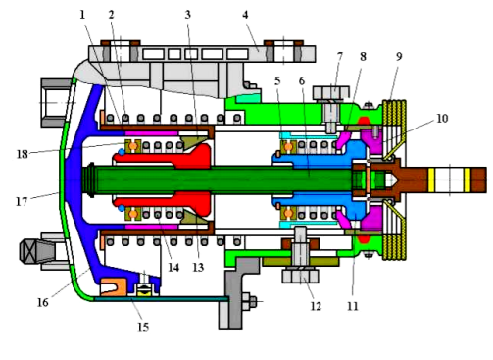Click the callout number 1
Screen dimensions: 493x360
[82, 15]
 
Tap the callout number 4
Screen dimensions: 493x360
[245, 15]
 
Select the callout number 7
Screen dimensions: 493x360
[340, 57]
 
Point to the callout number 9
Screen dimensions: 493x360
[399, 57]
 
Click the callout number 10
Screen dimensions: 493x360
[442, 119]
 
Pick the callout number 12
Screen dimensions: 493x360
[316, 306]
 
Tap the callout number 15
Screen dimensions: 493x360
[143, 327]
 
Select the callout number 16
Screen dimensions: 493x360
[43, 302]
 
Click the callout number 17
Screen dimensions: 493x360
[22, 201]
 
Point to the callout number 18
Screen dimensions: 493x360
[23, 154]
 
